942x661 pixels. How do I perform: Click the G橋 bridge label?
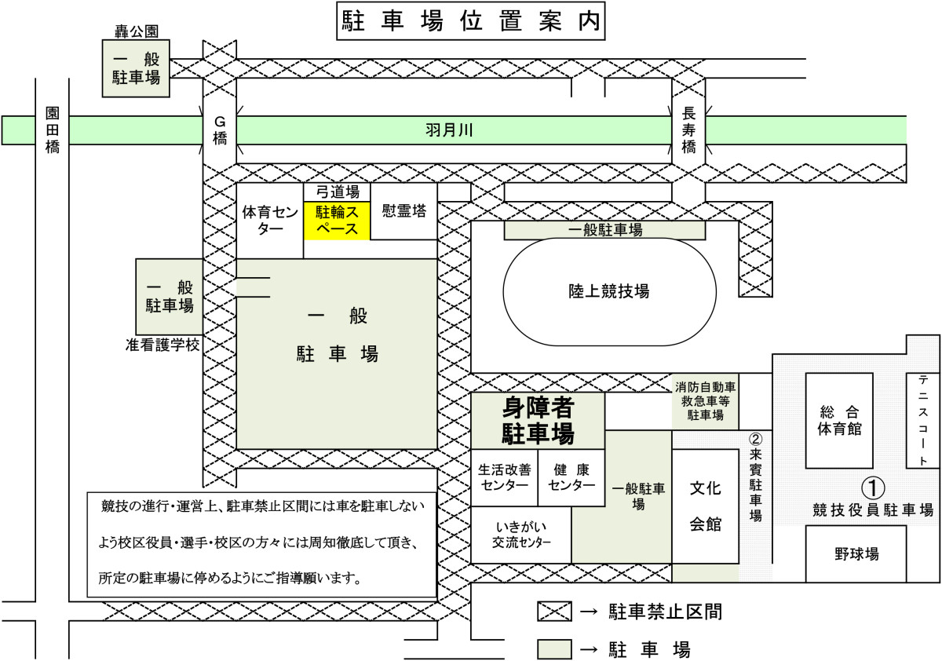[x=220, y=129]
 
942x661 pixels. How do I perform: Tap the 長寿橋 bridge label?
[x=688, y=130]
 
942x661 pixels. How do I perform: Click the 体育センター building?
[x=269, y=221]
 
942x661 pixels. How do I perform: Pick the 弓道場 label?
[x=337, y=191]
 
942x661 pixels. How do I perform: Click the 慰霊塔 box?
[x=403, y=212]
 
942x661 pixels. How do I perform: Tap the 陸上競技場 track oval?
[x=608, y=291]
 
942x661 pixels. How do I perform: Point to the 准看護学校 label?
[x=162, y=345]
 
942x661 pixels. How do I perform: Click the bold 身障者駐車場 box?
[x=538, y=421]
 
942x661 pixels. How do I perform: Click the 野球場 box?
[x=856, y=553]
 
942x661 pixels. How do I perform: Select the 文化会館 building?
[x=705, y=506]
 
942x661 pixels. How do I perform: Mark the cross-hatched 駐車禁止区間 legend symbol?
[x=555, y=612]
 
